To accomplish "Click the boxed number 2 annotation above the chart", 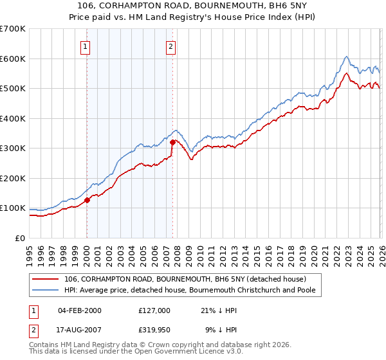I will [x=171, y=46].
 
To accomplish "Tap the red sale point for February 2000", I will [x=87, y=200].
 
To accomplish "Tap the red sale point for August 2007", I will [x=172, y=142].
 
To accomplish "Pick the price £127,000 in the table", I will [x=154, y=310].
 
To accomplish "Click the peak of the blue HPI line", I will [x=346, y=57].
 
